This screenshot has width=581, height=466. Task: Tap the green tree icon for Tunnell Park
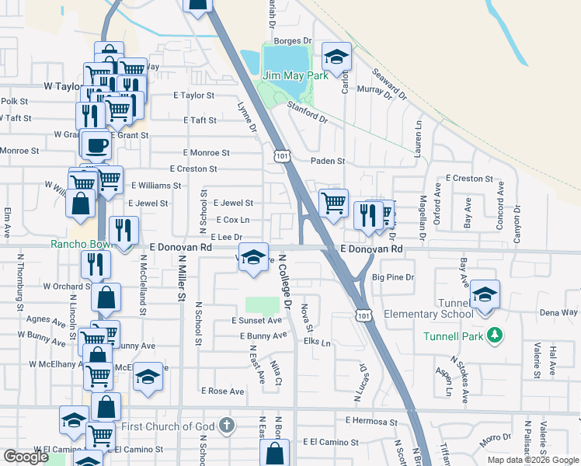(492, 336)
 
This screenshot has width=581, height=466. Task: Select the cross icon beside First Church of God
(225, 426)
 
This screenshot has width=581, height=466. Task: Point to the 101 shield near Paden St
(281, 155)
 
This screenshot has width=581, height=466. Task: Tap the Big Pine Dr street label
(394, 276)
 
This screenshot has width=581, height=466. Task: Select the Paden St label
(327, 161)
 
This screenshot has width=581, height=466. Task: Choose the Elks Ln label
(317, 342)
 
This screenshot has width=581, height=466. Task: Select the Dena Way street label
(558, 312)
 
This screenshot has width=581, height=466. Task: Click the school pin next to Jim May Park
(336, 57)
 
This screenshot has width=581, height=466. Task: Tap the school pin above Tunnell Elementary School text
(485, 294)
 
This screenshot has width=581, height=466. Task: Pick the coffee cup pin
(96, 145)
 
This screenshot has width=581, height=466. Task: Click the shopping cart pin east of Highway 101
(333, 203)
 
